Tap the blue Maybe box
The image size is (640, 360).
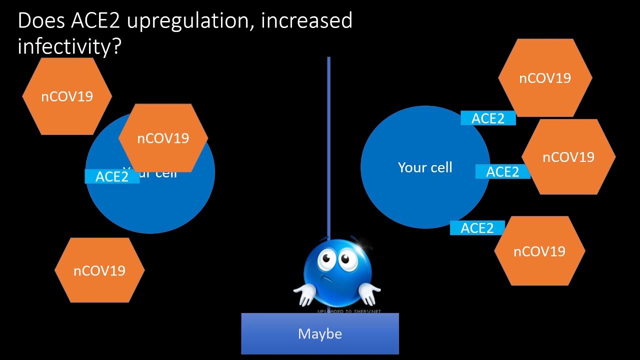(x=320, y=333)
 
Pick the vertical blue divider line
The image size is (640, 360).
(x=328, y=150)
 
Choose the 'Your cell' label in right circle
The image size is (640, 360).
(x=425, y=167)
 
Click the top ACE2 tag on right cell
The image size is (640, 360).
(x=488, y=118)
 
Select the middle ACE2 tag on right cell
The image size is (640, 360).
(x=502, y=171)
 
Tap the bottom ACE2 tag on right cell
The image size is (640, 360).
(x=477, y=228)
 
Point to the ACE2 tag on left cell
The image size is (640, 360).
(x=112, y=176)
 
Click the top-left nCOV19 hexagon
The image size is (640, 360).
(x=67, y=96)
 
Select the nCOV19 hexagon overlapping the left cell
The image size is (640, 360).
(x=163, y=138)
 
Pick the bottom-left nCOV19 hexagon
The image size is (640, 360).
(x=99, y=270)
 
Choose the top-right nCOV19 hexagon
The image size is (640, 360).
(x=545, y=78)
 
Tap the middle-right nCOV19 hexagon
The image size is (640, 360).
(x=568, y=157)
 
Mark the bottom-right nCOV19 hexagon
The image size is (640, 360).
(x=539, y=251)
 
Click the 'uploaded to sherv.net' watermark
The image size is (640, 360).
(x=349, y=311)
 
